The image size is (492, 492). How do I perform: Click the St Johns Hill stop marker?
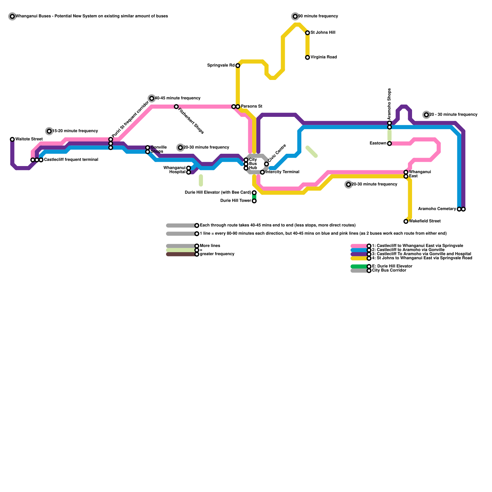307,33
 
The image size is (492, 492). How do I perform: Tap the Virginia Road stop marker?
307,58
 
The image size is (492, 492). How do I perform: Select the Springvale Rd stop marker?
238,65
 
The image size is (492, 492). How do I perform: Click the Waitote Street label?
29,139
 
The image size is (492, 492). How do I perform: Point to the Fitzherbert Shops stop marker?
176,107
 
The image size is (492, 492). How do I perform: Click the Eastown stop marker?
389,144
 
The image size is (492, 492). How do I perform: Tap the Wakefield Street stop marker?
406,221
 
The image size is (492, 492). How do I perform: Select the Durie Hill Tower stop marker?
254,201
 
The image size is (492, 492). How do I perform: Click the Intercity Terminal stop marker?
262,172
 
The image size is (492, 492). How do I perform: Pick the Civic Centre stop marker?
267,164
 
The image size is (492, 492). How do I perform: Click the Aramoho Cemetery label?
437,209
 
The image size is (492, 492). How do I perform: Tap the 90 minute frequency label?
318,16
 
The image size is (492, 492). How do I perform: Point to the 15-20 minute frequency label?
75,131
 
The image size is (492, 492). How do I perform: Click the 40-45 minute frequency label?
177,98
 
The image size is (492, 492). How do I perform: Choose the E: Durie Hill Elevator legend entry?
392,266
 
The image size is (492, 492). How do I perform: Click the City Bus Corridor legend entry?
389,271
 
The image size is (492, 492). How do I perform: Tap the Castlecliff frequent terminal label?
71,160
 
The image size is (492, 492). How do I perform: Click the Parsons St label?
251,107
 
